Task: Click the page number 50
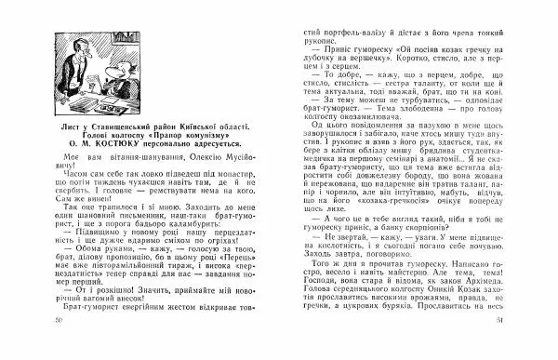(34, 346)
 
